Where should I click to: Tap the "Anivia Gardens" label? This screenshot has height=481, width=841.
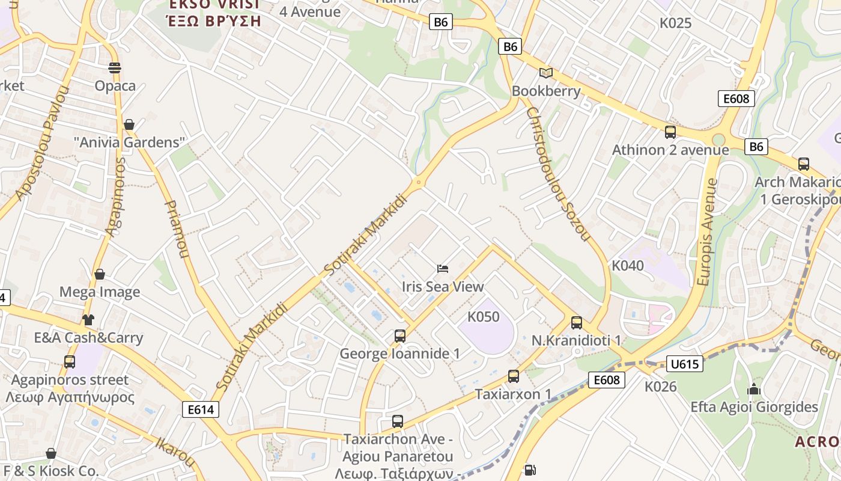(x=129, y=142)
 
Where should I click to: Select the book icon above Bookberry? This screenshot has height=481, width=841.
(x=545, y=73)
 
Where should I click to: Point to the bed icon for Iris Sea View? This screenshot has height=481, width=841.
(x=443, y=268)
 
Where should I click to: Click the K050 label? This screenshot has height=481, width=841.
(x=483, y=316)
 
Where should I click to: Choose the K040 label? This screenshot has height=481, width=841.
(x=627, y=266)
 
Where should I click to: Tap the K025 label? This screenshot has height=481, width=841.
(x=675, y=23)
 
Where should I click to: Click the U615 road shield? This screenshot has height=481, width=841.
(x=684, y=364)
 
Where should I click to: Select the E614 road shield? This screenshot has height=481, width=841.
(x=201, y=409)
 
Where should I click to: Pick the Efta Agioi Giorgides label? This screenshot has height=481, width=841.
(x=754, y=407)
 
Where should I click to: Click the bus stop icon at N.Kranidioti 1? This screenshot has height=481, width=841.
(x=577, y=323)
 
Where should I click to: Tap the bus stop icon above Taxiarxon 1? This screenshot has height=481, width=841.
(x=514, y=376)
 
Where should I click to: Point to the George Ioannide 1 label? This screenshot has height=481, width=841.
(x=399, y=354)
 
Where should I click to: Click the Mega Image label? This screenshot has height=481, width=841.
(x=100, y=292)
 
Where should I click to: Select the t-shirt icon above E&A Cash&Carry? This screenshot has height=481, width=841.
(x=88, y=320)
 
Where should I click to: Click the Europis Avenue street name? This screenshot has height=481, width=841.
(x=707, y=231)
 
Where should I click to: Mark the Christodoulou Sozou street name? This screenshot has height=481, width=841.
(x=557, y=174)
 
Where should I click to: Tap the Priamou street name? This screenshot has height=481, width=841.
(x=175, y=228)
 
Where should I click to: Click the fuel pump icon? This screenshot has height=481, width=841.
(x=530, y=470)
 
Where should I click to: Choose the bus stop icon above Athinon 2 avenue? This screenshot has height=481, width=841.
(x=670, y=132)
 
